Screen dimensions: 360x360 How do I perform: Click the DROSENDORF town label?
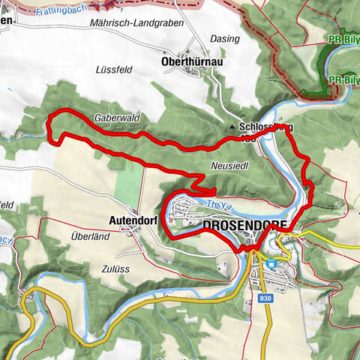point(244,224)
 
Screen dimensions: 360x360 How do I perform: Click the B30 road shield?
point(263,298)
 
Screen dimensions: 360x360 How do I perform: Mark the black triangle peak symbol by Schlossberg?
point(232,127)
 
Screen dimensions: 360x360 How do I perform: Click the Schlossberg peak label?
point(264,128)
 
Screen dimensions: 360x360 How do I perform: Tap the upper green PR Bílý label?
point(342,37)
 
